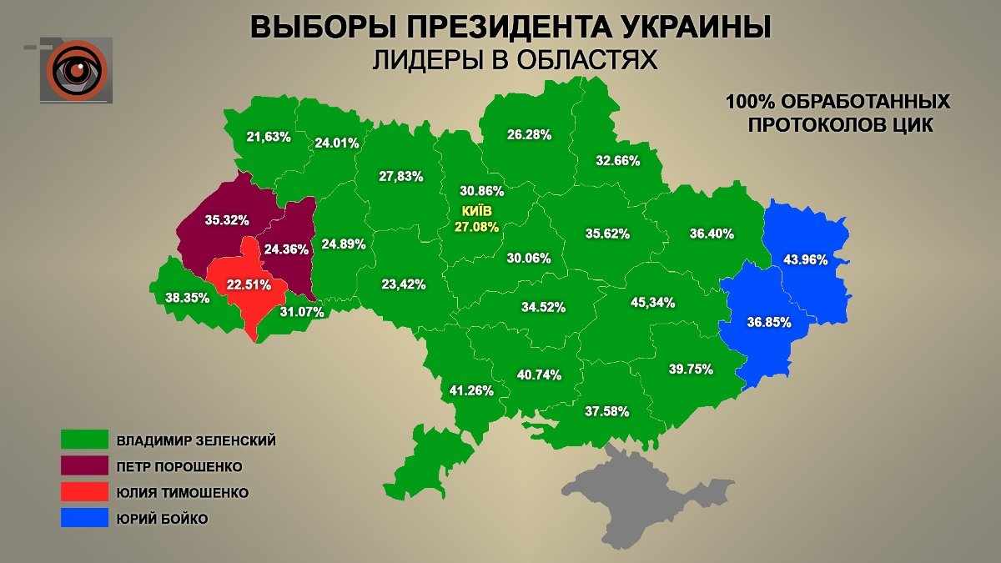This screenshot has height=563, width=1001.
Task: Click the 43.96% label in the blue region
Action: pyautogui.click(x=805, y=259)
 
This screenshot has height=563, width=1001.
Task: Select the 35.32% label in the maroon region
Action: pyautogui.click(x=227, y=221)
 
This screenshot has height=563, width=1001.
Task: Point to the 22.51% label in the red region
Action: pyautogui.click(x=250, y=284)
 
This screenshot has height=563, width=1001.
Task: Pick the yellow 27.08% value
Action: pyautogui.click(x=477, y=226)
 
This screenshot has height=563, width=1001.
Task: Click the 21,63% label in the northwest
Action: pyautogui.click(x=269, y=137)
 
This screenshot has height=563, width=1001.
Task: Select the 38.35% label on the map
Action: pyautogui.click(x=188, y=297)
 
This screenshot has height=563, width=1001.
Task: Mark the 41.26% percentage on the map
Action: pyautogui.click(x=471, y=390)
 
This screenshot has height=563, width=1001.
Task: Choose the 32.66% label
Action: pyautogui.click(x=618, y=161)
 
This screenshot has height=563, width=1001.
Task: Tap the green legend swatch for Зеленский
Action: pyautogui.click(x=84, y=440)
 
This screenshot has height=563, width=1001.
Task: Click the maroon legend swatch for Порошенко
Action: pyautogui.click(x=84, y=465)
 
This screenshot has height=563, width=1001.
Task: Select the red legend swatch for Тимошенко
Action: pyautogui.click(x=84, y=492)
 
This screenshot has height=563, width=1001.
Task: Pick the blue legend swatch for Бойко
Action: pyautogui.click(x=84, y=518)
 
